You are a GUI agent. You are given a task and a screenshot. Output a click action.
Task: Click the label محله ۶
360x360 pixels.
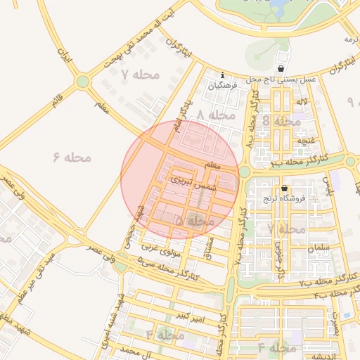[x=73, y=156]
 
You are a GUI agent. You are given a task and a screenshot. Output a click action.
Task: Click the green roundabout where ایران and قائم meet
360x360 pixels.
[x=83, y=82]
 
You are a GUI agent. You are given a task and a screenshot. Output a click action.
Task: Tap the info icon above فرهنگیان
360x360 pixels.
[x=223, y=75]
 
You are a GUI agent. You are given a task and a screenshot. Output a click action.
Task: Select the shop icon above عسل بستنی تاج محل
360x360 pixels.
[x=281, y=69]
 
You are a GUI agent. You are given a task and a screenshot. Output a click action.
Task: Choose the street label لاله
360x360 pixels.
[x=302, y=103]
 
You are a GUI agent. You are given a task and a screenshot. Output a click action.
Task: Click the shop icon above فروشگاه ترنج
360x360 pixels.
[x=284, y=188]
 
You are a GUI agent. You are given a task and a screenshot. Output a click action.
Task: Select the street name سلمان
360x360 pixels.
[x=319, y=248]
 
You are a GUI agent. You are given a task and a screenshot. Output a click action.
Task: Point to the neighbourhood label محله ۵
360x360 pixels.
[x=194, y=221]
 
